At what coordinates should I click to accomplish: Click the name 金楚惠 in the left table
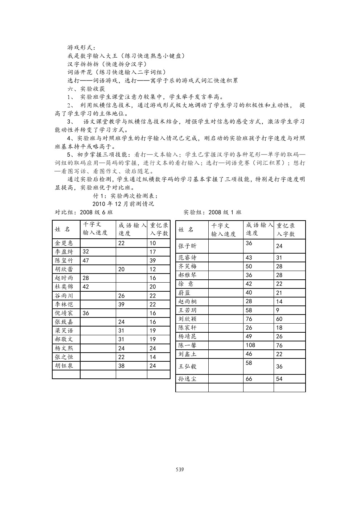click(64, 243)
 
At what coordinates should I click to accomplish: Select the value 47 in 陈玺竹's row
click(86, 260)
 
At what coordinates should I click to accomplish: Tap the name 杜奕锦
click(64, 287)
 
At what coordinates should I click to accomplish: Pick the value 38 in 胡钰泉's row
click(121, 366)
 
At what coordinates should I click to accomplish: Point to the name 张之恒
click(64, 357)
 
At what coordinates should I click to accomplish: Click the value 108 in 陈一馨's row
click(250, 345)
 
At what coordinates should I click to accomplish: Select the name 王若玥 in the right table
click(188, 310)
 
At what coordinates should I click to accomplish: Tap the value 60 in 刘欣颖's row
click(279, 319)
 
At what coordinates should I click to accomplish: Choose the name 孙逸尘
click(188, 379)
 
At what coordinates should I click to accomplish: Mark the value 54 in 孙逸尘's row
click(279, 379)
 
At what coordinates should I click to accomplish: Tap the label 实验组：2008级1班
click(212, 212)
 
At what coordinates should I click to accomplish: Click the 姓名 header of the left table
click(62, 229)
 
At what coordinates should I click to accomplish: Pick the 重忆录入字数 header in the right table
click(286, 230)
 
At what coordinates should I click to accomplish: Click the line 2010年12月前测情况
click(123, 204)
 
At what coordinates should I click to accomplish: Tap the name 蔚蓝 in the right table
click(184, 293)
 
